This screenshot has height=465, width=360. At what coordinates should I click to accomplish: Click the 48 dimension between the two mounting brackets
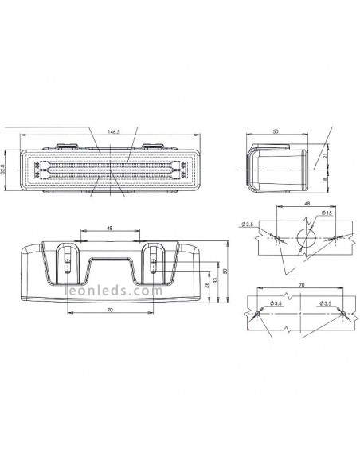pyautogui.click(x=109, y=229)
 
